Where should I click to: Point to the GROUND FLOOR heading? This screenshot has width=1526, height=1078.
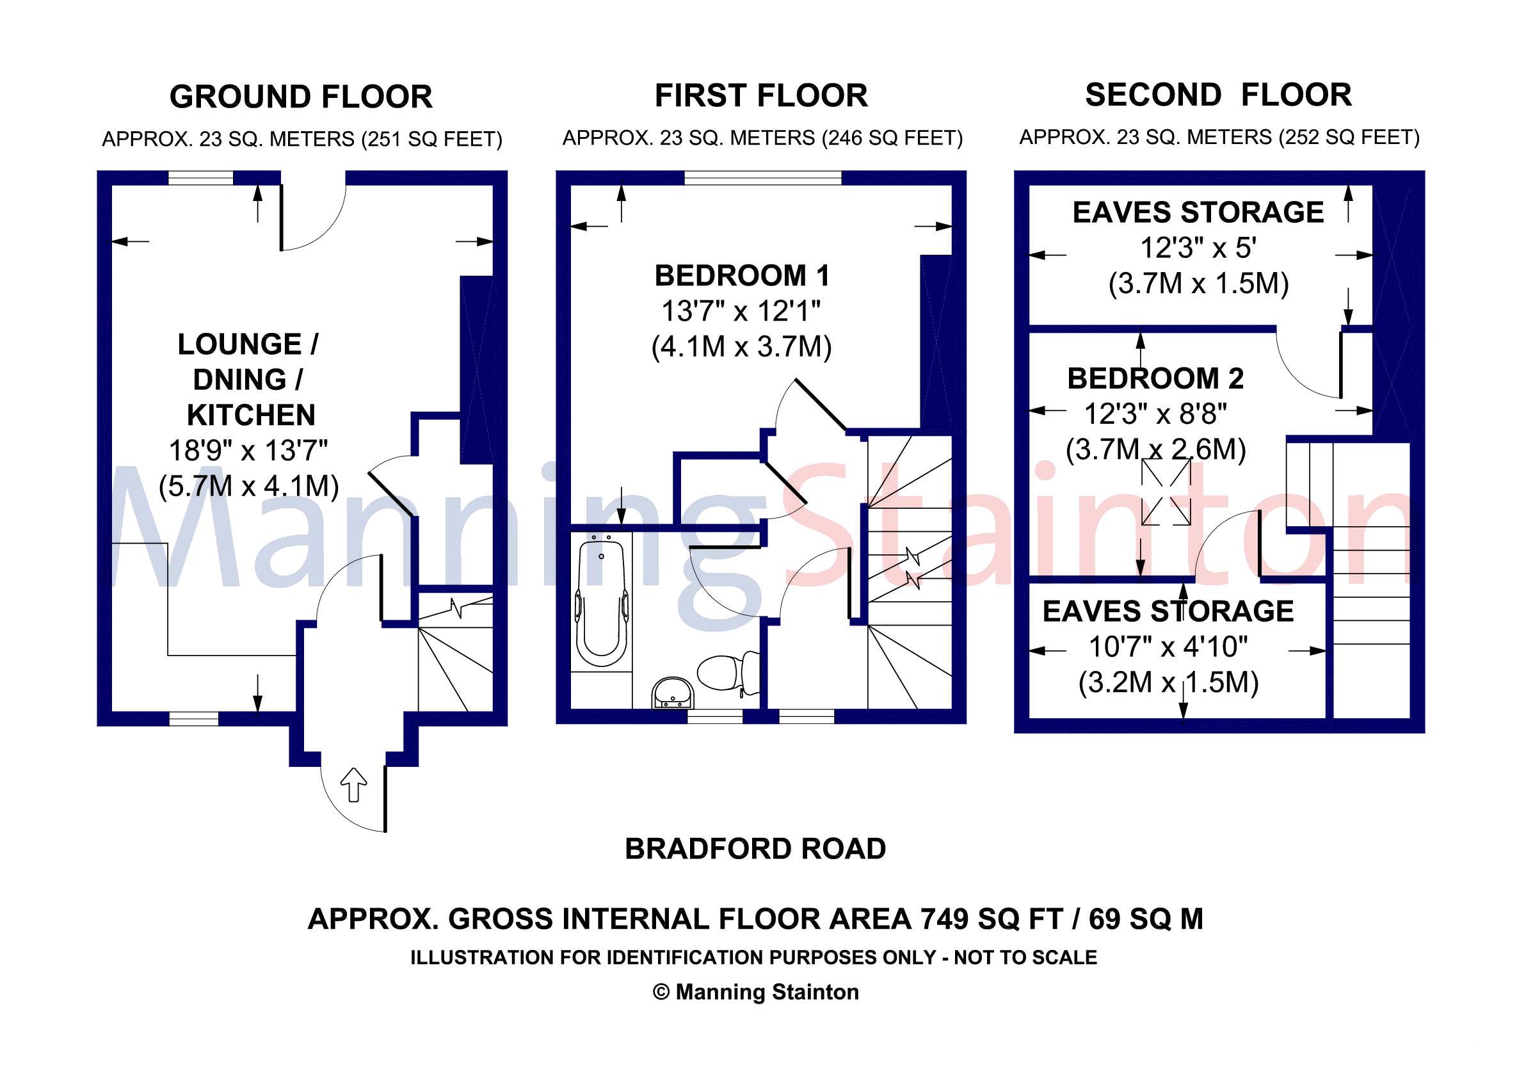pos(301,97)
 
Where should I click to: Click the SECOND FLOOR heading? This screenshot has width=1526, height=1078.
pos(1218,95)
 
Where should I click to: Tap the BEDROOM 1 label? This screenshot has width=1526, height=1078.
pos(742,276)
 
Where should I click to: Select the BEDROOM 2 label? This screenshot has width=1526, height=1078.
pos(1155,378)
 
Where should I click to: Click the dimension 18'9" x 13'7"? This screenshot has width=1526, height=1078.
pos(248,451)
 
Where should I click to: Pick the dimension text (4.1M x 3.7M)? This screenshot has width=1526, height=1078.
pos(741,347)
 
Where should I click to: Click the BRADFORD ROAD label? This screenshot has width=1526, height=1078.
pos(755,849)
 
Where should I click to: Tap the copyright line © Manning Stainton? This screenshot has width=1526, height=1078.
pos(756,992)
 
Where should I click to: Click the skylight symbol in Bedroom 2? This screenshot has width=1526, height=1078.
pos(1166,492)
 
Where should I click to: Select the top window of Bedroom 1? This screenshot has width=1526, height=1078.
pos(762,177)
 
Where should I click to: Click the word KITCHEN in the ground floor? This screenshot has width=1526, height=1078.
pos(250,415)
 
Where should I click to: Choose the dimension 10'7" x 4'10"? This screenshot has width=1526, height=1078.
pos(1168,646)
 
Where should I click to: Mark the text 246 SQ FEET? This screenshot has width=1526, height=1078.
pos(891,138)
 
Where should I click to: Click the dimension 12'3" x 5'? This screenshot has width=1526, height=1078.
pos(1198,248)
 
